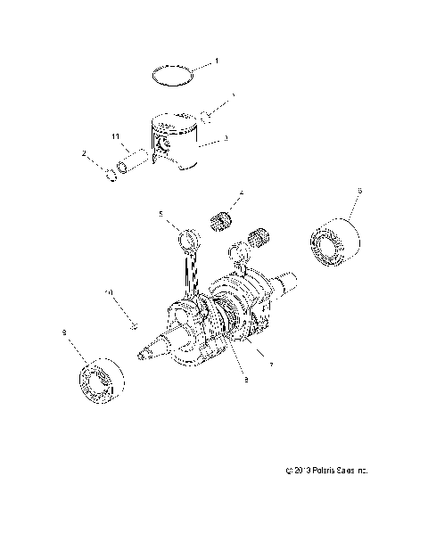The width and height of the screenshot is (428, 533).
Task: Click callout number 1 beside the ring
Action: pos(216,62)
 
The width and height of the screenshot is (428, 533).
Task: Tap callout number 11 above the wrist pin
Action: pos(116,136)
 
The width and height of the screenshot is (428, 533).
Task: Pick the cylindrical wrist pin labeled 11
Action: pos(135,160)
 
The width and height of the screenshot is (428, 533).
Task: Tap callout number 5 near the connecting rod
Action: pos(161,214)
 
